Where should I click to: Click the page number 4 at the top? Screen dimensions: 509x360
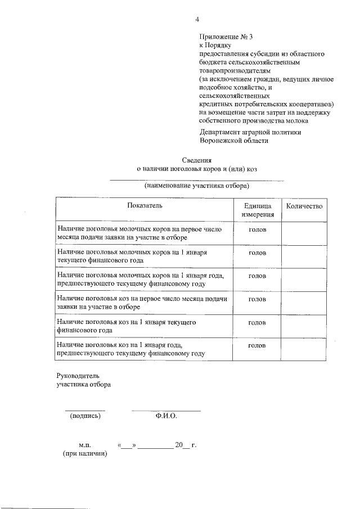[197, 20]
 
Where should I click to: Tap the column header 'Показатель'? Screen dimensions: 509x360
[145, 206]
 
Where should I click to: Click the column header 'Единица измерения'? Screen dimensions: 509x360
[258, 210]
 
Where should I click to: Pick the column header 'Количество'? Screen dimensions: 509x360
[304, 206]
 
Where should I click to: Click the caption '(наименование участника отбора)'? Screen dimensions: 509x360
[196, 185]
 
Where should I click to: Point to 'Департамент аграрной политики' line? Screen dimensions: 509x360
[250, 132]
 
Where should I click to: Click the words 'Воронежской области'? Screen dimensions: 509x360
[233, 141]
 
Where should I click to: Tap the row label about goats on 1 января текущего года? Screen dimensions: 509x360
[126, 326]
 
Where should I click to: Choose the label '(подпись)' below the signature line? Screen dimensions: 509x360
[85, 416]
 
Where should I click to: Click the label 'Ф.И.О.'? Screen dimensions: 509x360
[166, 416]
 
